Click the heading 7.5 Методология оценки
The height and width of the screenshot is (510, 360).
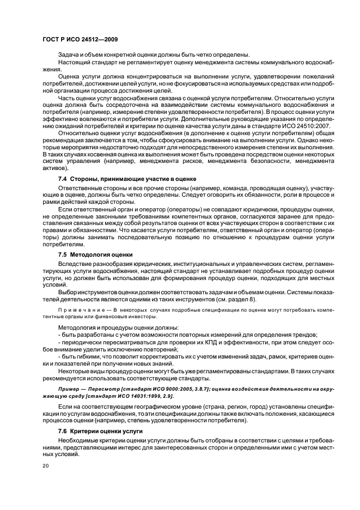[x=95, y=254]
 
